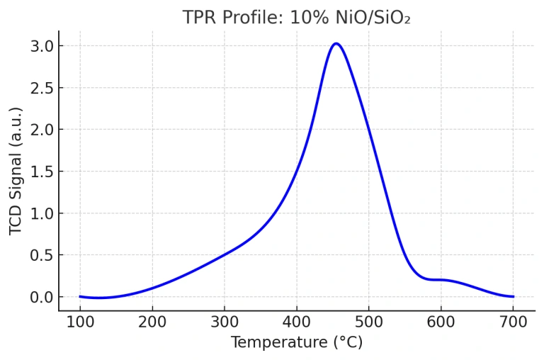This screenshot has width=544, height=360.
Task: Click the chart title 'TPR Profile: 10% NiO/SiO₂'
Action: pos(296,17)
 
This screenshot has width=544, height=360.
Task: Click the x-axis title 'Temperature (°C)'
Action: pos(296,343)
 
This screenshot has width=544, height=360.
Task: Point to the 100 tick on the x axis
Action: pos(80,322)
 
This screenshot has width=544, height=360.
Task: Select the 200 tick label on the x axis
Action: pos(152,322)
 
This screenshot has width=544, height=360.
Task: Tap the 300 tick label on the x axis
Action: pos(225,322)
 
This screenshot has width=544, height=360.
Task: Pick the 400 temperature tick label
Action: pos(297,322)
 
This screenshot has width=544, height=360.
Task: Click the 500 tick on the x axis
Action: pos(369,322)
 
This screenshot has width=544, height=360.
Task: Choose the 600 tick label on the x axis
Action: pos(441,322)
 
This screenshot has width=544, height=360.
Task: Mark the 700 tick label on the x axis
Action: pos(514,322)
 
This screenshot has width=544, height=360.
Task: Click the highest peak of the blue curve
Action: pos(336,44)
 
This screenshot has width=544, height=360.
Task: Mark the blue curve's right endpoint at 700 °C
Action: pos(513,296)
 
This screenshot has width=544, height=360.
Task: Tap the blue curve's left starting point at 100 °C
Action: pos(80,296)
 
